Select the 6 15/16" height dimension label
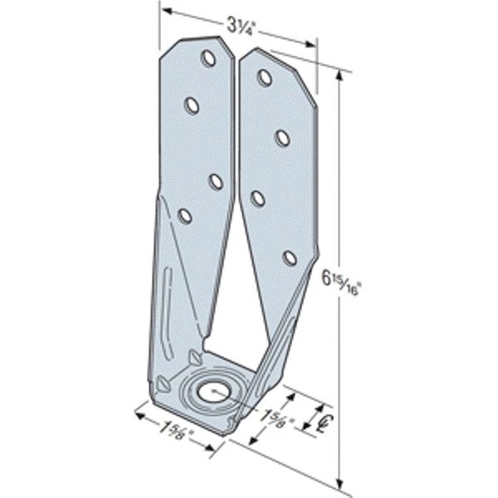tap(340, 284)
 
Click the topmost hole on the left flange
tap(208, 58)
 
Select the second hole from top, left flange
tap(192, 105)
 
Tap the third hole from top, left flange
tap(215, 182)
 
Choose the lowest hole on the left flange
tap(184, 216)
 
